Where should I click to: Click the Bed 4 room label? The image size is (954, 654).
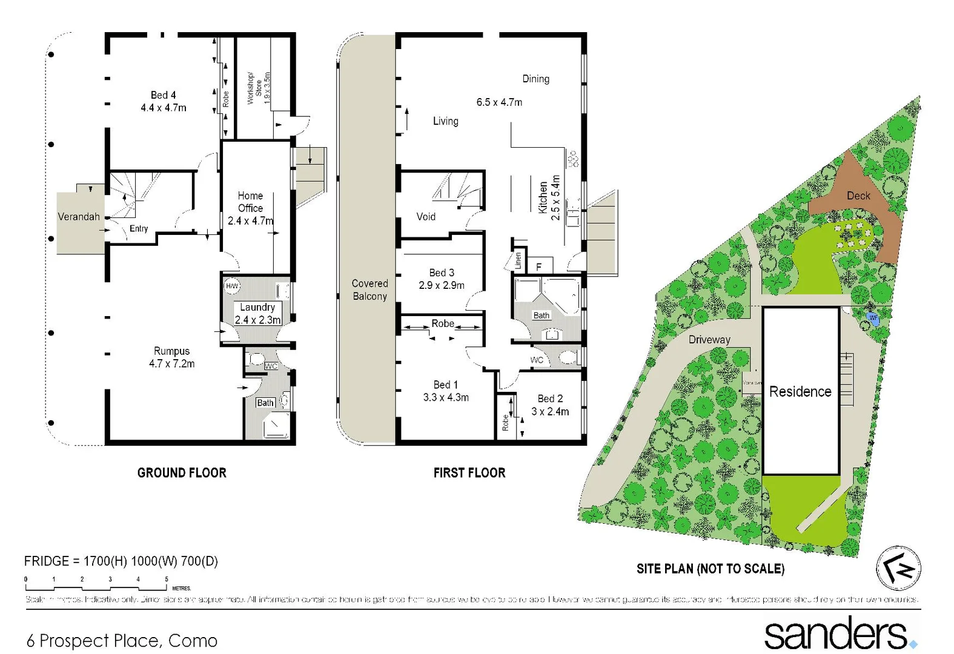click(x=164, y=95)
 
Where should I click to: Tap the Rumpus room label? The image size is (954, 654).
click(x=171, y=351)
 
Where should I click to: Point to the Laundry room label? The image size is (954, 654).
click(x=257, y=308)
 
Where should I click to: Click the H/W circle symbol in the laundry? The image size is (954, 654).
click(x=232, y=286)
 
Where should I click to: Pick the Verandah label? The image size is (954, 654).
click(x=79, y=217)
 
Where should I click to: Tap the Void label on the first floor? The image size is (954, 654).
click(x=426, y=217)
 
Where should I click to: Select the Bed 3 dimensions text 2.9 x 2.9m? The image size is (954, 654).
click(x=442, y=285)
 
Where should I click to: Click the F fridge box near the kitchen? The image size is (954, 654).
click(x=539, y=266)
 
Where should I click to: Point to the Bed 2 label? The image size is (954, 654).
click(x=550, y=398)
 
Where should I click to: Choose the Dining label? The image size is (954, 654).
click(x=536, y=79)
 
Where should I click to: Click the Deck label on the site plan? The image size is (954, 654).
click(x=858, y=196)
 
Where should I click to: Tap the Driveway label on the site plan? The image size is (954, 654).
click(x=709, y=340)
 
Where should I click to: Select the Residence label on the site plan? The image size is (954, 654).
click(x=800, y=392)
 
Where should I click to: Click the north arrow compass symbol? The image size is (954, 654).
click(x=899, y=568)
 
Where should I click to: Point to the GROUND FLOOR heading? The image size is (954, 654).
click(x=182, y=473)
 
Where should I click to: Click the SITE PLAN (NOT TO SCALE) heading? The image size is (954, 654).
click(x=711, y=569)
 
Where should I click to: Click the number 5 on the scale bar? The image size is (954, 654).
click(x=167, y=580)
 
